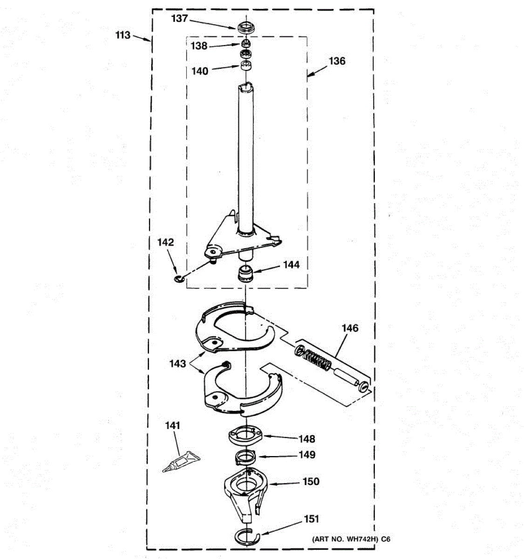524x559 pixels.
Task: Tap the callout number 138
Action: point(199,46)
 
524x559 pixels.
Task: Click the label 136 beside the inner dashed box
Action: point(337,61)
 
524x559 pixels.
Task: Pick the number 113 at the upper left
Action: point(123,35)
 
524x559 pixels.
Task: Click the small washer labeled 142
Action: point(178,279)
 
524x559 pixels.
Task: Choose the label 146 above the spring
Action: point(350,328)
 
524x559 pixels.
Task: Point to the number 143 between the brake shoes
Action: point(177,363)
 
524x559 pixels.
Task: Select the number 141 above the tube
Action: point(172,425)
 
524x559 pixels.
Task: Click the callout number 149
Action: point(306,454)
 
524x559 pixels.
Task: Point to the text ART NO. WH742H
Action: point(344,539)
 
